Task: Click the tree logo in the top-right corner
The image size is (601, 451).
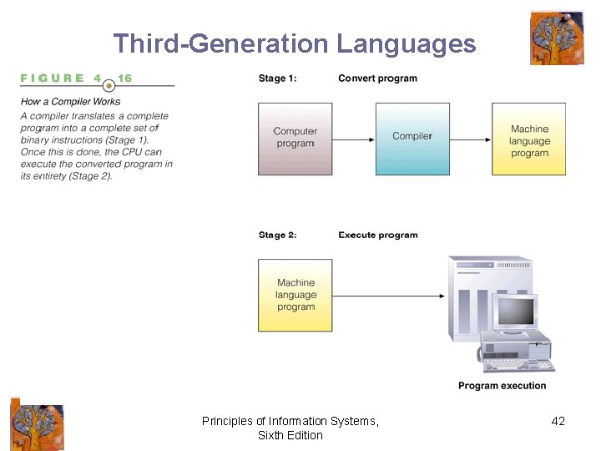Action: point(557,38)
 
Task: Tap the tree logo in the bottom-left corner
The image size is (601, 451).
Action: point(36,424)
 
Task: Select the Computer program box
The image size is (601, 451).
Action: point(295,138)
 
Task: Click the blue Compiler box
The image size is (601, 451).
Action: point(412,138)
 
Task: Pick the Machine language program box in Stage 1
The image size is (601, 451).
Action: point(529,139)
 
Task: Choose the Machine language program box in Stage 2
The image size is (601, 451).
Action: point(295,295)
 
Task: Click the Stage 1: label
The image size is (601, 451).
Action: point(278,79)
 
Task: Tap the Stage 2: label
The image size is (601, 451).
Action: point(278,235)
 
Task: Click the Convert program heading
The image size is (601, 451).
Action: point(377,79)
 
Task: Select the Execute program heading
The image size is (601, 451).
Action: point(378,235)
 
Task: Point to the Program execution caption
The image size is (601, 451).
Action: point(503,386)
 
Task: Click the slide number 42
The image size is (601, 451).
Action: point(558,421)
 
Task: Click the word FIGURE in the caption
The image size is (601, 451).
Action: point(53,79)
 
